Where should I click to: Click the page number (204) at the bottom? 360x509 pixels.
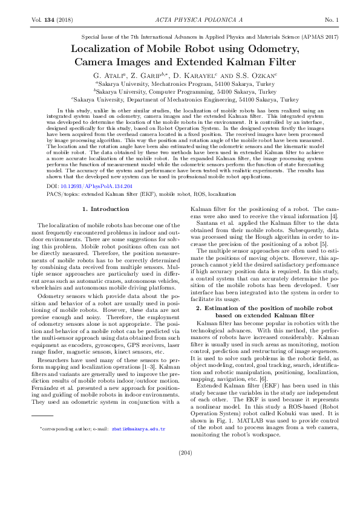point(180,469)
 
